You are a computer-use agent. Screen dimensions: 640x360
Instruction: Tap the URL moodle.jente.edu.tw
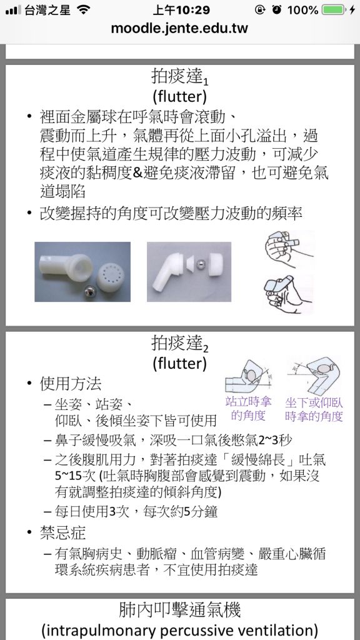(x=179, y=28)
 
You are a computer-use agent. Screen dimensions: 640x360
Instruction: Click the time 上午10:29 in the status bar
(x=179, y=10)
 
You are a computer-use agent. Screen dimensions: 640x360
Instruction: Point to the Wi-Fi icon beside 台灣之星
(x=82, y=10)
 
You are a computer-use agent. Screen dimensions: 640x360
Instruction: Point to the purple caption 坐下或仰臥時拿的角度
(x=314, y=409)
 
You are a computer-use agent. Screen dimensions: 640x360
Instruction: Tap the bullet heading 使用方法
(x=70, y=383)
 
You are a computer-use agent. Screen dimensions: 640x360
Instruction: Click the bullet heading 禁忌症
(x=63, y=533)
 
